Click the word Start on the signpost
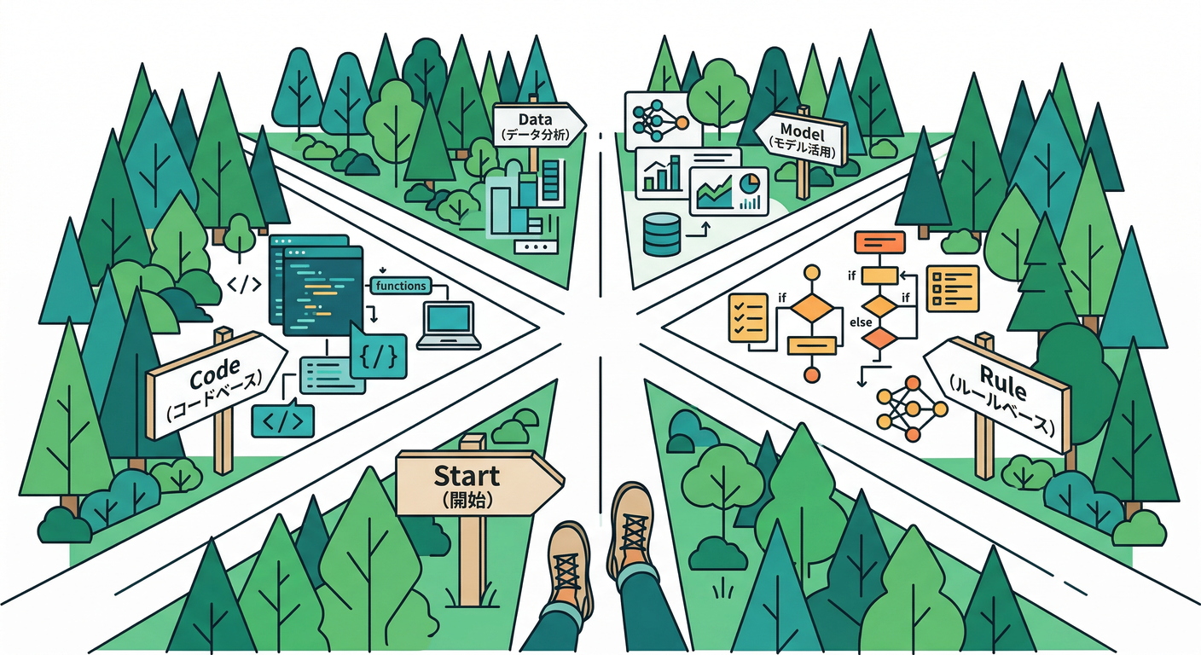[x=467, y=476]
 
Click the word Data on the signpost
[x=535, y=119]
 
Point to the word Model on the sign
[x=802, y=130]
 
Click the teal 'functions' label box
[x=401, y=286]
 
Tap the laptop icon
[x=449, y=325]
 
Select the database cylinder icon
[x=662, y=235]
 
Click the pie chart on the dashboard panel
[x=749, y=183]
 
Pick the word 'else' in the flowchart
[x=861, y=322]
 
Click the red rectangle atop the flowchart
[x=879, y=241]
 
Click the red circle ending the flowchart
[x=812, y=374]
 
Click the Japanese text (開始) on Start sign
[x=467, y=501]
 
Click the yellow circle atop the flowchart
[x=812, y=273]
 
